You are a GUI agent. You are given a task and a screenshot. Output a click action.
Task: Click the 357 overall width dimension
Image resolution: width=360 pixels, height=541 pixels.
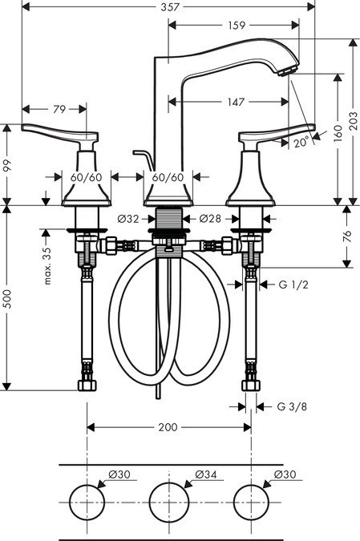(168, 7)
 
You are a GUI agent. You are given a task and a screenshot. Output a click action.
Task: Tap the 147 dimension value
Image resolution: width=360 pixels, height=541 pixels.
(235, 102)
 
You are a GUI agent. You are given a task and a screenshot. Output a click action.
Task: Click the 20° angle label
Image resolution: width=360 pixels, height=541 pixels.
(300, 143)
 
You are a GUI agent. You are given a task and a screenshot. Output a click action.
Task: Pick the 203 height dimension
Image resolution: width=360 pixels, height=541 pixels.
(353, 120)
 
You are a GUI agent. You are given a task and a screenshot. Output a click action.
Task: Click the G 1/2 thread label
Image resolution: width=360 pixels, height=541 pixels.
(293, 285)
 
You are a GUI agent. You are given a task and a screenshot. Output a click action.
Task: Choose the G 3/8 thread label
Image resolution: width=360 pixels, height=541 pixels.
(293, 406)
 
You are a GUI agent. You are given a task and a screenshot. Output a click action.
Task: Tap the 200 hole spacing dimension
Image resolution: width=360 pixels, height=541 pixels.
(167, 427)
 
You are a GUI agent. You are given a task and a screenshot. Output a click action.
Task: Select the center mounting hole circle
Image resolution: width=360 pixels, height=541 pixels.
(168, 503)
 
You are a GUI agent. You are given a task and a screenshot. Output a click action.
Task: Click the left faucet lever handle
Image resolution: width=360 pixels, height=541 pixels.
(60, 134)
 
